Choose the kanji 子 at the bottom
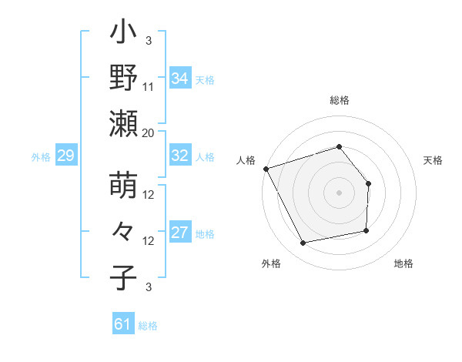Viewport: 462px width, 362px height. [124, 277]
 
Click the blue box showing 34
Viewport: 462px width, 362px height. [180, 79]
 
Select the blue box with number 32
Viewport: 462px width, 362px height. [180, 156]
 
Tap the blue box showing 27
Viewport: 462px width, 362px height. [180, 233]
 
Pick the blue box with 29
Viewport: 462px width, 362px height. [65, 156]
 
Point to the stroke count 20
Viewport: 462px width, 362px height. [149, 132]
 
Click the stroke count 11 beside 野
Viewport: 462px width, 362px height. [149, 87]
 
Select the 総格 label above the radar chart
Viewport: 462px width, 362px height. [339, 101]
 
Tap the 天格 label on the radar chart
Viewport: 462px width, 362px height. [434, 160]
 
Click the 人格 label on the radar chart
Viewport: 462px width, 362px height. [246, 160]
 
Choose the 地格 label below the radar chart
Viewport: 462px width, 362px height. [403, 263]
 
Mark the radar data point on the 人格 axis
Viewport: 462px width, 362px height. [266, 169]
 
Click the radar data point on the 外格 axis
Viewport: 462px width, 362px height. [303, 243]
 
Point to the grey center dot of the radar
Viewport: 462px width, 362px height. [339, 193]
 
